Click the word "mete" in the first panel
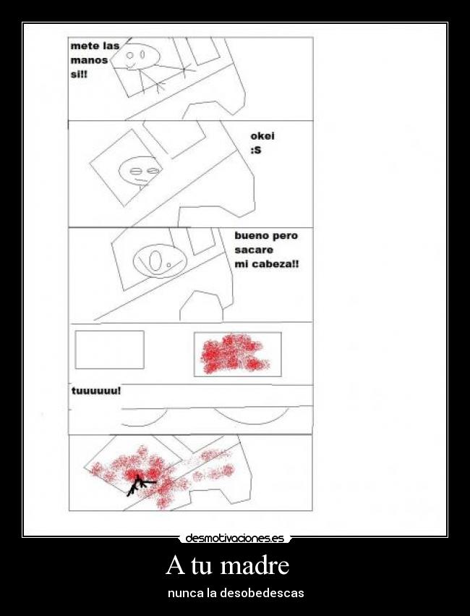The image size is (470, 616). [81, 46]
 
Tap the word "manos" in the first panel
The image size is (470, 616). [89, 60]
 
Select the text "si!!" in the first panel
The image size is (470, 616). [79, 75]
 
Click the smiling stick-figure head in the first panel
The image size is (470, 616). [140, 56]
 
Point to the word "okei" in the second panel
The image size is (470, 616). [262, 136]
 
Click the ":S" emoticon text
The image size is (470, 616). [255, 150]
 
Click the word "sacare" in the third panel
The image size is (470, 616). [254, 250]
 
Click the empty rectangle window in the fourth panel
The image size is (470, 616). [109, 350]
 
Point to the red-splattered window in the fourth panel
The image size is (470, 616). [237, 354]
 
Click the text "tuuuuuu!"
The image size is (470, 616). [96, 391]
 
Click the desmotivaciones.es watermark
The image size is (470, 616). [234, 538]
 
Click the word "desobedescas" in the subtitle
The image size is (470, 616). [262, 593]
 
